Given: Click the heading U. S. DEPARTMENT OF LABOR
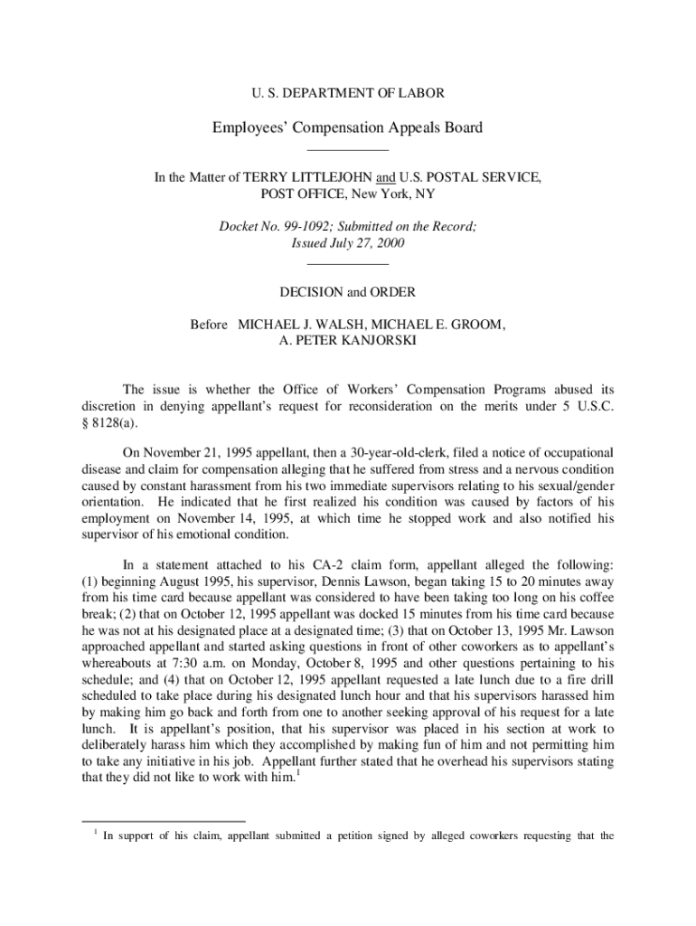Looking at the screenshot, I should tap(347, 93).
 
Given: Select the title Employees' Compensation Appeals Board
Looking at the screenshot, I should tap(347, 128).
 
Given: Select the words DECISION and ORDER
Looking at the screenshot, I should tap(347, 292).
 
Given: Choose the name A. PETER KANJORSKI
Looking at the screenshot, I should tap(348, 341).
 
